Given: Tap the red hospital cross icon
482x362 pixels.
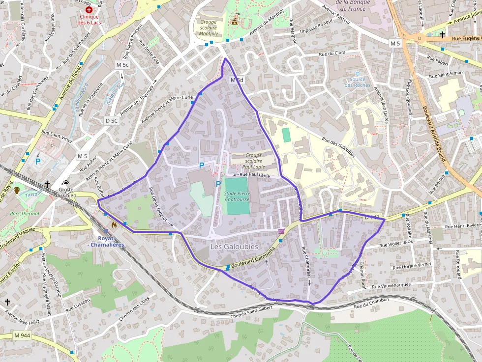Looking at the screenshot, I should pyautogui.click(x=89, y=9).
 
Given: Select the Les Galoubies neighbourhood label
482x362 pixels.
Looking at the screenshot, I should pyautogui.click(x=234, y=246).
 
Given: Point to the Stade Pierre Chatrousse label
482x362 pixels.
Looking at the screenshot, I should pyautogui.click(x=237, y=196).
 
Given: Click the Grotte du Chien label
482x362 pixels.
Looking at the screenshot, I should pyautogui.click(x=66, y=192).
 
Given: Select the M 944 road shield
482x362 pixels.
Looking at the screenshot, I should pyautogui.click(x=22, y=335).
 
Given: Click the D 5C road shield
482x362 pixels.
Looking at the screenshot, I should pyautogui.click(x=112, y=120).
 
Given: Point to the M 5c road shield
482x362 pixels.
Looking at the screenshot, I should pyautogui.click(x=122, y=65).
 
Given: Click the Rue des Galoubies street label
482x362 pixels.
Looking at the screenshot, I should pyautogui.click(x=338, y=146).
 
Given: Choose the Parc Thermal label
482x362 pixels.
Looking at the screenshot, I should pyautogui.click(x=25, y=214).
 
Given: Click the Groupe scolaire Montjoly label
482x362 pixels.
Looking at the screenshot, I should pyautogui.click(x=208, y=28).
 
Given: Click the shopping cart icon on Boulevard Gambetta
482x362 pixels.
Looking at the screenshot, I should pyautogui.click(x=281, y=231).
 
